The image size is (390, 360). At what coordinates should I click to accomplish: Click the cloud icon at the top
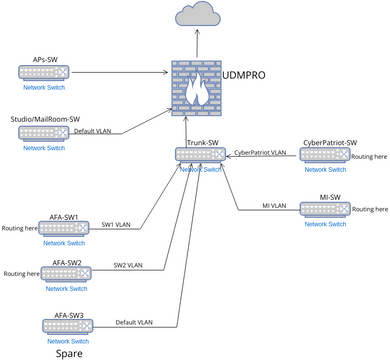click(197, 16)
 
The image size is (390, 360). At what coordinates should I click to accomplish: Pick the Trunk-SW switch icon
click(196, 156)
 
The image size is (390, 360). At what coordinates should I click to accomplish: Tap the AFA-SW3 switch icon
click(64, 325)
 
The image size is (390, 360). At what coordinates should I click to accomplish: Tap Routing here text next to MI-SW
click(370, 209)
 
